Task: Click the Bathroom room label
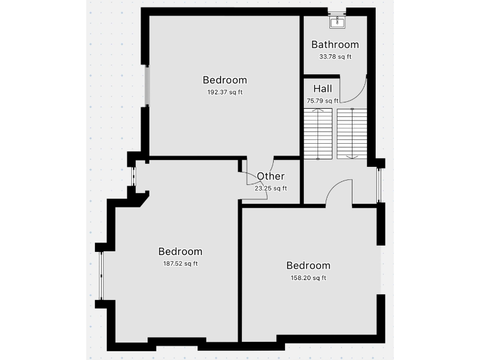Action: click(x=335, y=44)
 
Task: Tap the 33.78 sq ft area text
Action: click(x=335, y=57)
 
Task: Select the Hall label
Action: click(x=322, y=89)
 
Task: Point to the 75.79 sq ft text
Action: click(x=322, y=101)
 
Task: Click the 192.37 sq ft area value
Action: click(x=224, y=92)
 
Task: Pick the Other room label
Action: click(x=271, y=176)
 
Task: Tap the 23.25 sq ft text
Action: click(x=271, y=188)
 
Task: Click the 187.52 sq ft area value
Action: click(x=180, y=264)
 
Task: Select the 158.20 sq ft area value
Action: click(x=308, y=278)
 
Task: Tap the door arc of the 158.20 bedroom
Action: click(x=337, y=187)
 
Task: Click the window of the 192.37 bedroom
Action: click(x=147, y=86)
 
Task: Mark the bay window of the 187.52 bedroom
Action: click(x=100, y=276)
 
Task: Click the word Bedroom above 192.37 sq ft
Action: click(x=224, y=80)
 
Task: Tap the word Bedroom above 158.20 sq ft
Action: click(x=308, y=266)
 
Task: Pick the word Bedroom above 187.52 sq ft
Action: click(x=180, y=251)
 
